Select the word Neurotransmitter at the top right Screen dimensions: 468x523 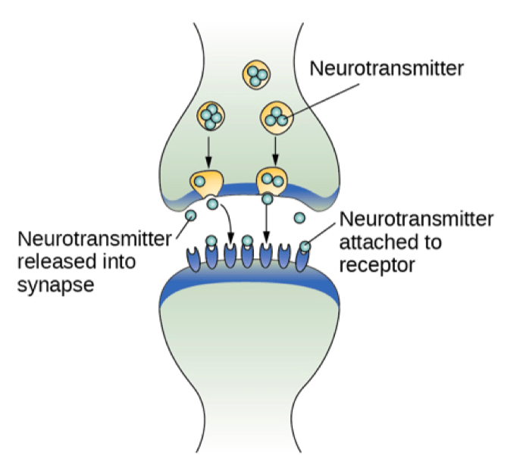click(387, 69)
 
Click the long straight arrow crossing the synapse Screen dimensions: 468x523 click(266, 223)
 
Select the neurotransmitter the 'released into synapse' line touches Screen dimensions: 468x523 click(189, 217)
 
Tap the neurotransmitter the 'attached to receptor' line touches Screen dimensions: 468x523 click(305, 246)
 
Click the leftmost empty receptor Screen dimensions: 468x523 click(193, 254)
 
